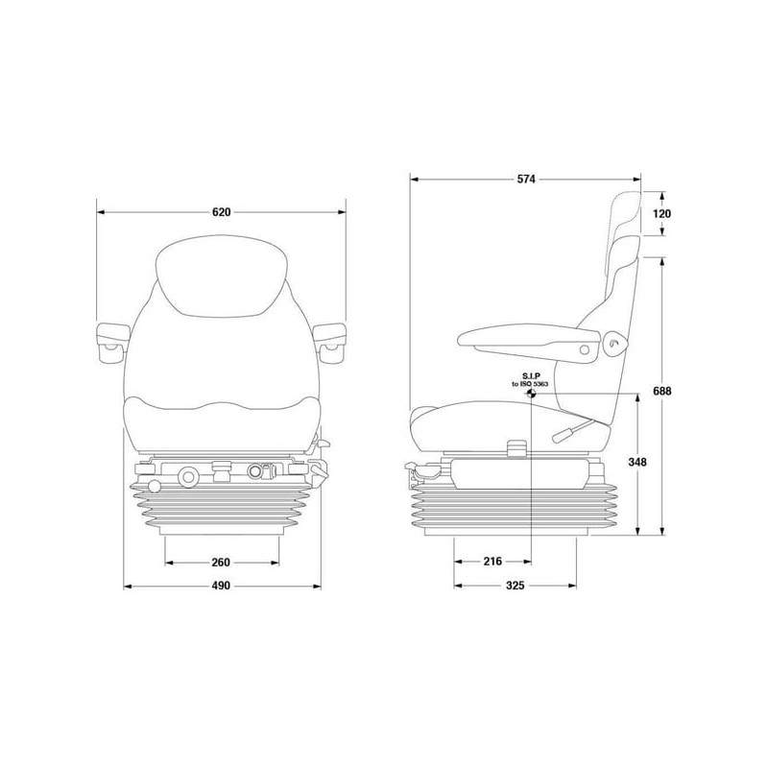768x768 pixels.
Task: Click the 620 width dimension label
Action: [222, 212]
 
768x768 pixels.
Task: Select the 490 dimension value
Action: [222, 586]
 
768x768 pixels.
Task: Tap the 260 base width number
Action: [222, 563]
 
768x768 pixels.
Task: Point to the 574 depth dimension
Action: [526, 180]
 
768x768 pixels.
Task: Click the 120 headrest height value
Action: [662, 213]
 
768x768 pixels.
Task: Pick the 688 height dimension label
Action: [662, 391]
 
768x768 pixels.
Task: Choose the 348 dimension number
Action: [637, 462]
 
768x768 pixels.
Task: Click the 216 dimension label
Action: [492, 562]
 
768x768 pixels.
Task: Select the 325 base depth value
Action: [515, 586]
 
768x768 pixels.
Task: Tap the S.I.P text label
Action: [531, 376]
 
